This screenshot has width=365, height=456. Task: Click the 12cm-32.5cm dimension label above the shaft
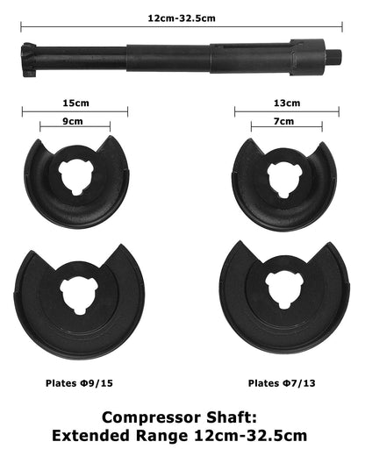pyautogui.click(x=182, y=18)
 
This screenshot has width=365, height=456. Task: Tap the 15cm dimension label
pyautogui.click(x=75, y=103)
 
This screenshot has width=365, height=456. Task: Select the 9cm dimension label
pyautogui.click(x=73, y=121)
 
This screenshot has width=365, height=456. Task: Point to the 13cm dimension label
pyautogui.click(x=287, y=103)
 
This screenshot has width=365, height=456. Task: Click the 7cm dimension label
pyautogui.click(x=283, y=121)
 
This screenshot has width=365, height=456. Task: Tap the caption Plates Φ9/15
pyautogui.click(x=79, y=383)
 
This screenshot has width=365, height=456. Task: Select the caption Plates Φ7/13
pyautogui.click(x=282, y=383)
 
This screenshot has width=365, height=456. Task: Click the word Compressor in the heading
pyautogui.click(x=152, y=417)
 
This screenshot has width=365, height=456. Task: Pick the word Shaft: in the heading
pyautogui.click(x=232, y=417)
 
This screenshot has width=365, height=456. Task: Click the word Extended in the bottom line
pyautogui.click(x=90, y=436)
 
